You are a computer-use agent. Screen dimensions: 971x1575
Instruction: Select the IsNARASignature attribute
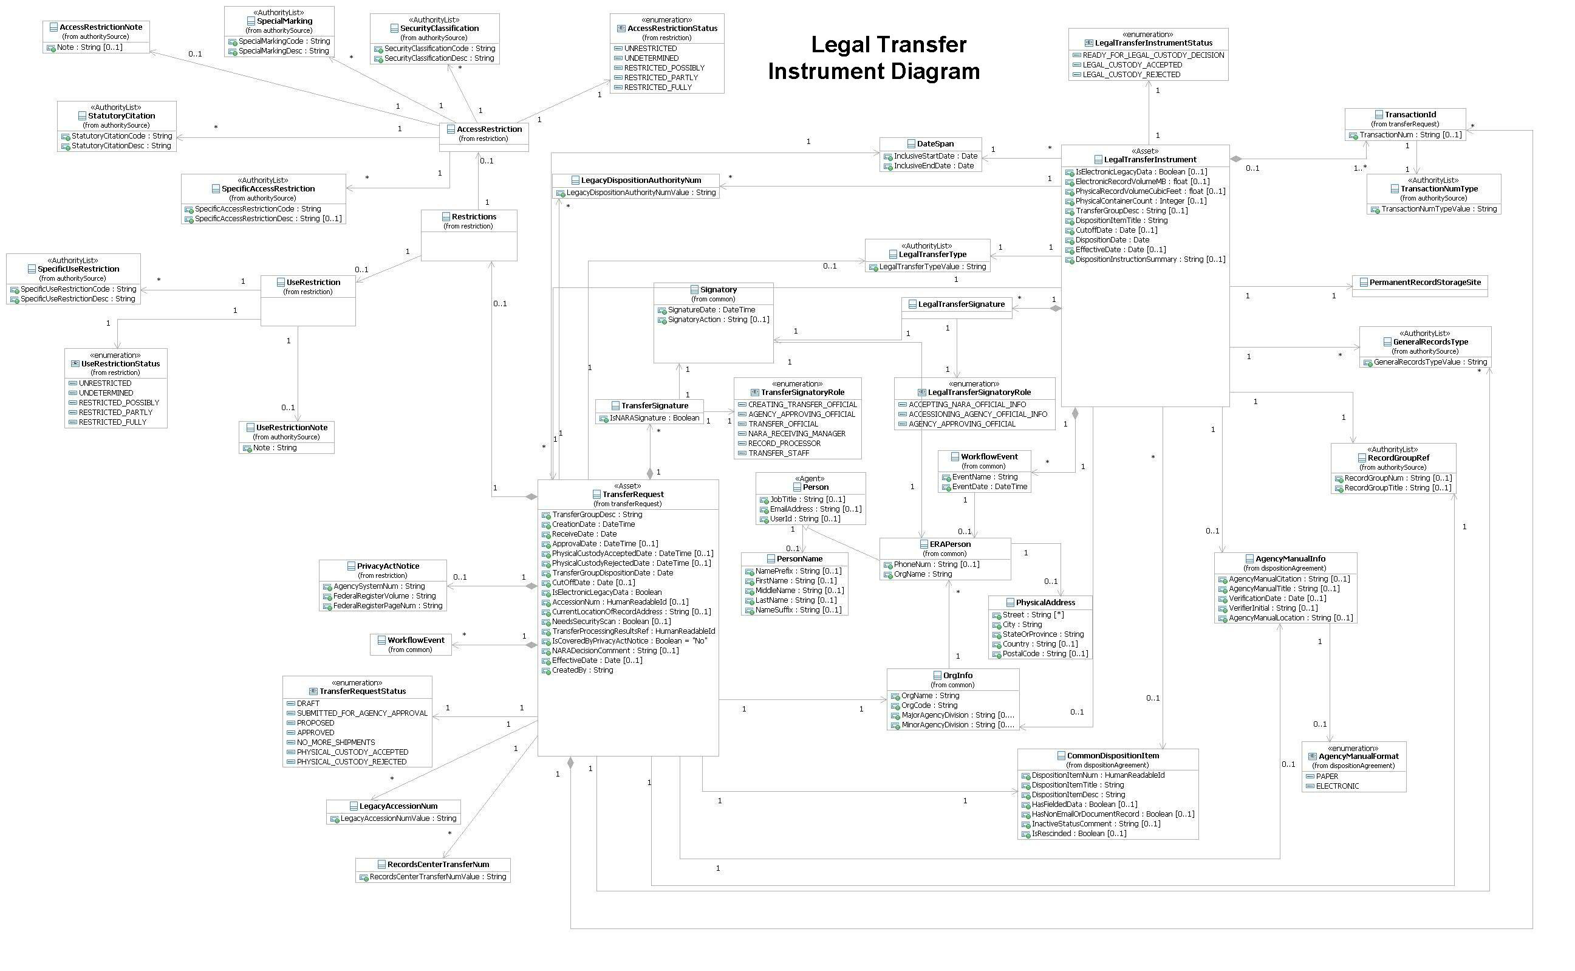coord(654,418)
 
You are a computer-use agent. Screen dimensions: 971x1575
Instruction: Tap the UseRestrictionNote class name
coord(292,428)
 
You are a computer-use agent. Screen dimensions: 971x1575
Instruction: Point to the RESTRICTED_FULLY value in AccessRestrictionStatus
coord(657,87)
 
